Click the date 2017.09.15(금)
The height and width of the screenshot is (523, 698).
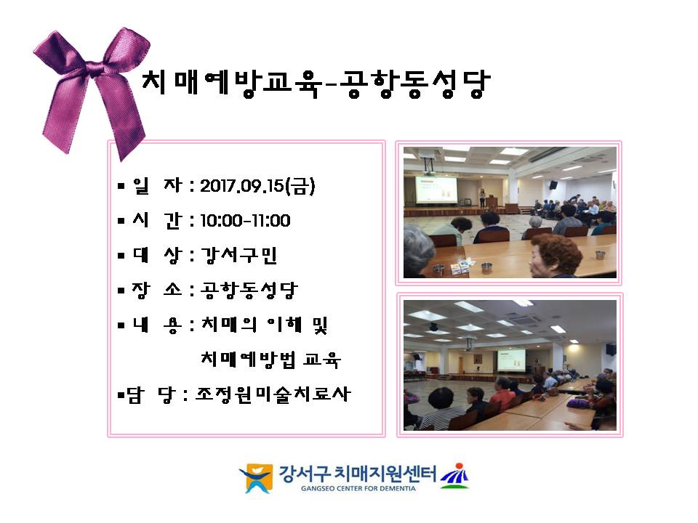257,186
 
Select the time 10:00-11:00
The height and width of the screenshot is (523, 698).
245,220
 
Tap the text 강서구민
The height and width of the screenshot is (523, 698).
239,255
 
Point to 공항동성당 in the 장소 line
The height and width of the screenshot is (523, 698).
249,290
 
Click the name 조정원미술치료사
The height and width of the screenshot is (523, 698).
273,394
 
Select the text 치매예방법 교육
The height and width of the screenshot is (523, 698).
270,360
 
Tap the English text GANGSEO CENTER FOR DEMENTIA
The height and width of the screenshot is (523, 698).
358,488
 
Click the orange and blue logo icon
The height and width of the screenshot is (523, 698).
257,478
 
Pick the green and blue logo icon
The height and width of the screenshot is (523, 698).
454,476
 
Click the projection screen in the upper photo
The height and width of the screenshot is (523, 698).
436,190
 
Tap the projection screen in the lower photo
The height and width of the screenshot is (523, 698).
511,360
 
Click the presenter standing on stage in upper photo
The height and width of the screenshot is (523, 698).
482,198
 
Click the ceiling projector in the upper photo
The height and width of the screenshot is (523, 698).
428,165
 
